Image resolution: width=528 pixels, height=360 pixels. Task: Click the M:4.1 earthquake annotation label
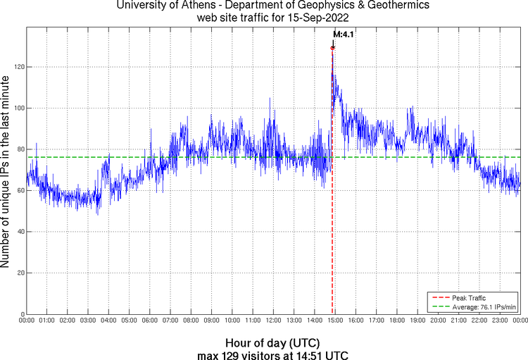[343, 33]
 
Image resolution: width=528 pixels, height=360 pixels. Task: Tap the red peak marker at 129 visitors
[332, 48]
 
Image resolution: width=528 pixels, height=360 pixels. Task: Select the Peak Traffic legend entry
[469, 298]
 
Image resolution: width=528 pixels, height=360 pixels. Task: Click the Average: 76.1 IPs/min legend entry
[484, 307]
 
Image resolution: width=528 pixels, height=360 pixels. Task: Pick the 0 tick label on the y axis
[22, 314]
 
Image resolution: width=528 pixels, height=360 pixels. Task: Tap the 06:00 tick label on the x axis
[149, 321]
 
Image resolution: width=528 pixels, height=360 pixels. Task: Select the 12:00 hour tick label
[273, 321]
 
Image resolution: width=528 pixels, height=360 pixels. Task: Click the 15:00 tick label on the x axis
[335, 321]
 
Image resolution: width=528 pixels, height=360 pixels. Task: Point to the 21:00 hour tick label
[459, 321]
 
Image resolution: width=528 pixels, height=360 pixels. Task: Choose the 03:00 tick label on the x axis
[88, 321]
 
